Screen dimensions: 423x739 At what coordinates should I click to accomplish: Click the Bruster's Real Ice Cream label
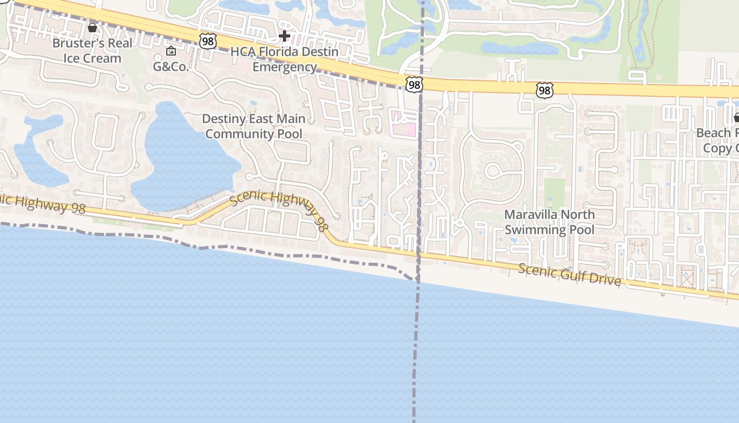click(92, 50)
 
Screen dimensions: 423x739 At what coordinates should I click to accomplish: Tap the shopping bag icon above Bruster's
click(92, 27)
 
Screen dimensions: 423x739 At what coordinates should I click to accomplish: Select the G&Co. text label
click(170, 67)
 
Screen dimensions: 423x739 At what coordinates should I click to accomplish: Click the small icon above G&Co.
click(170, 51)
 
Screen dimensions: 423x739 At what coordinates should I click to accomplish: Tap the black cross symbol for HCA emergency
click(285, 36)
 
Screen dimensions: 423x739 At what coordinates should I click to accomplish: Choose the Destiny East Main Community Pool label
click(254, 126)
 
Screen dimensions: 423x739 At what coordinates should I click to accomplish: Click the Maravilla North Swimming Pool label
click(549, 222)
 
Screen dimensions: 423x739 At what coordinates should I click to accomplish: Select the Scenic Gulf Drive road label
click(569, 274)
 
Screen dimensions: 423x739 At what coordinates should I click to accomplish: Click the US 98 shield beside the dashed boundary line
click(414, 84)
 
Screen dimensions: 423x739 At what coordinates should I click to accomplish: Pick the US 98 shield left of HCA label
click(208, 41)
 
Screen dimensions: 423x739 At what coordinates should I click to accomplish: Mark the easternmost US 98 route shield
click(544, 90)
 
